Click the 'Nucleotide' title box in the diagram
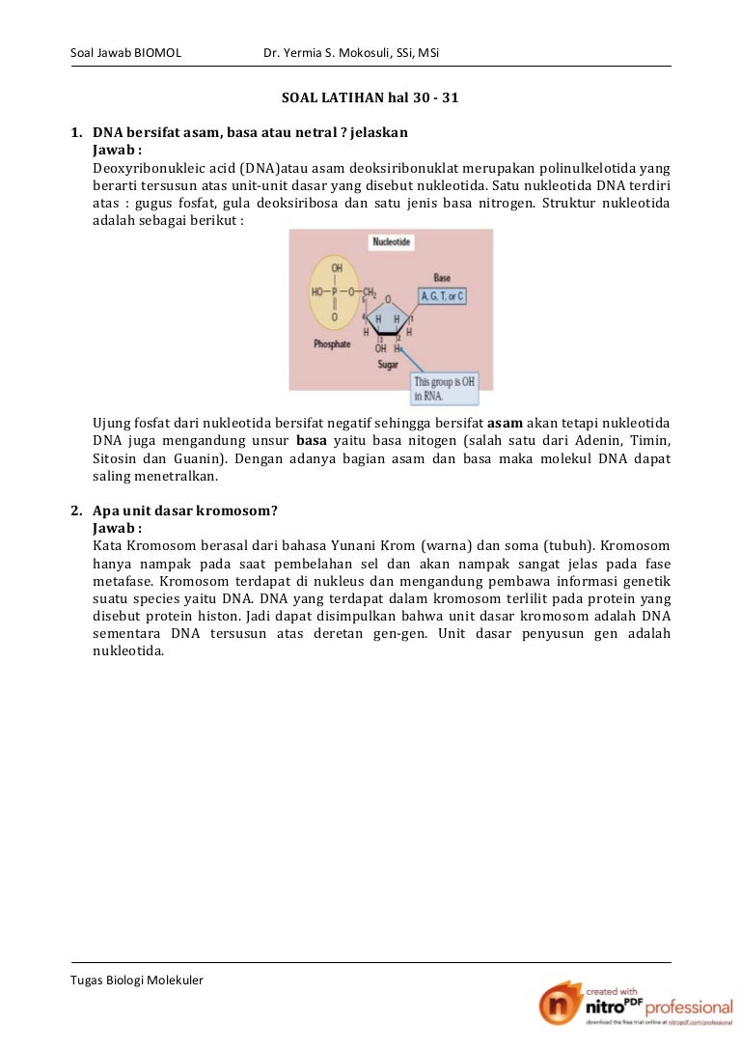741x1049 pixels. tap(392, 242)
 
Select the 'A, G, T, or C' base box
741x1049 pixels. tap(441, 296)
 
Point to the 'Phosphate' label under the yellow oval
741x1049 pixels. tap(331, 345)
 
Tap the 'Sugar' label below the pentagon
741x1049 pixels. tap(388, 366)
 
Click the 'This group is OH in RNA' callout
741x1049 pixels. tap(444, 388)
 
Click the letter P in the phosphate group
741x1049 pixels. tap(335, 291)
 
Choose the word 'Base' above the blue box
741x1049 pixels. tap(442, 278)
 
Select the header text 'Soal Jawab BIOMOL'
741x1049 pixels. tap(126, 52)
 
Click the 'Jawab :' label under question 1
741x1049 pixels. tap(117, 151)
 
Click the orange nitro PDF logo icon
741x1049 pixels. tap(561, 1008)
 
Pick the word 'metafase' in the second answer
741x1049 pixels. tap(123, 581)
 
